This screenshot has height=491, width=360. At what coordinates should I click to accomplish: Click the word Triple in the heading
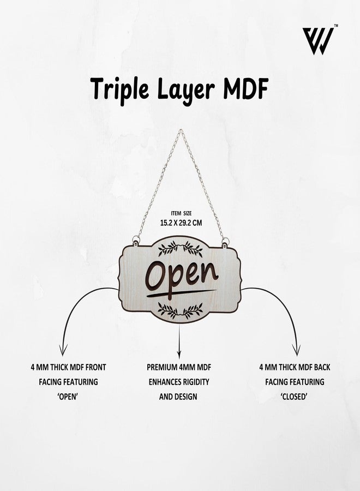pyautogui.click(x=120, y=90)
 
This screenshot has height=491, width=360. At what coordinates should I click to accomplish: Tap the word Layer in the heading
pyautogui.click(x=185, y=91)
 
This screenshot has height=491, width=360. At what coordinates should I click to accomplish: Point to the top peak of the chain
pyautogui.click(x=181, y=130)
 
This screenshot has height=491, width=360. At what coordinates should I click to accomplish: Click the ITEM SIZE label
pyautogui.click(x=181, y=213)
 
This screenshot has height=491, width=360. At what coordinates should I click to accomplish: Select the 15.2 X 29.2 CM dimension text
pyautogui.click(x=181, y=223)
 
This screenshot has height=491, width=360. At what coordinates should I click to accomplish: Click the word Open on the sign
pyautogui.click(x=182, y=277)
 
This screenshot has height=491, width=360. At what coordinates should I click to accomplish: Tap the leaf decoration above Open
pyautogui.click(x=181, y=249)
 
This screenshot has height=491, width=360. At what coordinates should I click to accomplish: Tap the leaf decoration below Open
pyautogui.click(x=181, y=310)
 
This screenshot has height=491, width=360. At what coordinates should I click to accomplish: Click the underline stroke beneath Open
pyautogui.click(x=181, y=294)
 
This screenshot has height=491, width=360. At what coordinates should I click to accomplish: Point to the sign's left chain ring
pyautogui.click(x=135, y=241)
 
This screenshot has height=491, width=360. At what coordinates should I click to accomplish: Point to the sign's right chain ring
pyautogui.click(x=225, y=241)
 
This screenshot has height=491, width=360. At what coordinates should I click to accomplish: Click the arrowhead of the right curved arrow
pyautogui.click(x=296, y=350)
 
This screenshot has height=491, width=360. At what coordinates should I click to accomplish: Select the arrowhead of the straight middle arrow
pyautogui.click(x=179, y=355)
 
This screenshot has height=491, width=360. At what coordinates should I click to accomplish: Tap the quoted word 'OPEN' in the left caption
pyautogui.click(x=68, y=397)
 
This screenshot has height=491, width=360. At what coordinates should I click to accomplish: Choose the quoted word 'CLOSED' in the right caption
pyautogui.click(x=294, y=397)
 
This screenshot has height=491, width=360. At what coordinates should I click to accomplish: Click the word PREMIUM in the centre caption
pyautogui.click(x=160, y=367)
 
